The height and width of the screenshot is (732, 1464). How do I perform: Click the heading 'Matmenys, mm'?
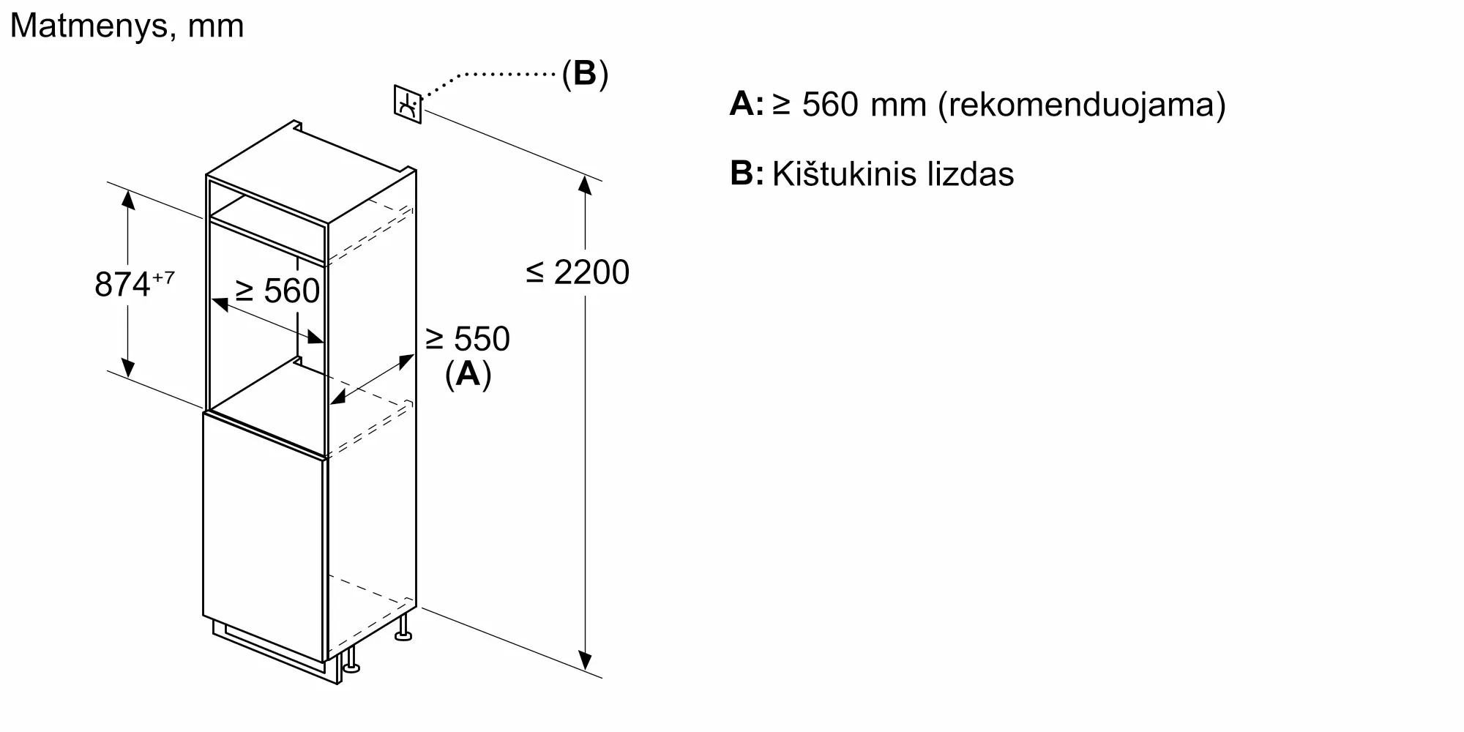[127, 26]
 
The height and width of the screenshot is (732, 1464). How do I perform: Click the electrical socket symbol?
[408, 104]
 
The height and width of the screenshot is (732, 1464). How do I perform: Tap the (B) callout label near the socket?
[585, 73]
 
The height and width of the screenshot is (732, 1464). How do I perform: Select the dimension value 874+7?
[134, 284]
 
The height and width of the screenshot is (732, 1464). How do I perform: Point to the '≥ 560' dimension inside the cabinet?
[277, 291]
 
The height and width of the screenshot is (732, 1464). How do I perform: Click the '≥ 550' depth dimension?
[467, 339]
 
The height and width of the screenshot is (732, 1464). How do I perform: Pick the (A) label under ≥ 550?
[468, 374]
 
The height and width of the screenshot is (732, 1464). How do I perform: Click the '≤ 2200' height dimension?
[578, 272]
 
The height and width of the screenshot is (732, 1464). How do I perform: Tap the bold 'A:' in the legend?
[746, 104]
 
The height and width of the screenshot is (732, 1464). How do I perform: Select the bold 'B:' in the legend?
[746, 174]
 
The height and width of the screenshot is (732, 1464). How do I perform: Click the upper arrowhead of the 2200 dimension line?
[585, 184]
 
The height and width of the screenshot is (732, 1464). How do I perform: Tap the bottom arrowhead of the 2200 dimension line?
[585, 660]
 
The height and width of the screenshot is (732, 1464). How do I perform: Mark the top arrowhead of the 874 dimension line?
[128, 199]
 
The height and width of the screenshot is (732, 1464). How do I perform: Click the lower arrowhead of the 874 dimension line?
[128, 368]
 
